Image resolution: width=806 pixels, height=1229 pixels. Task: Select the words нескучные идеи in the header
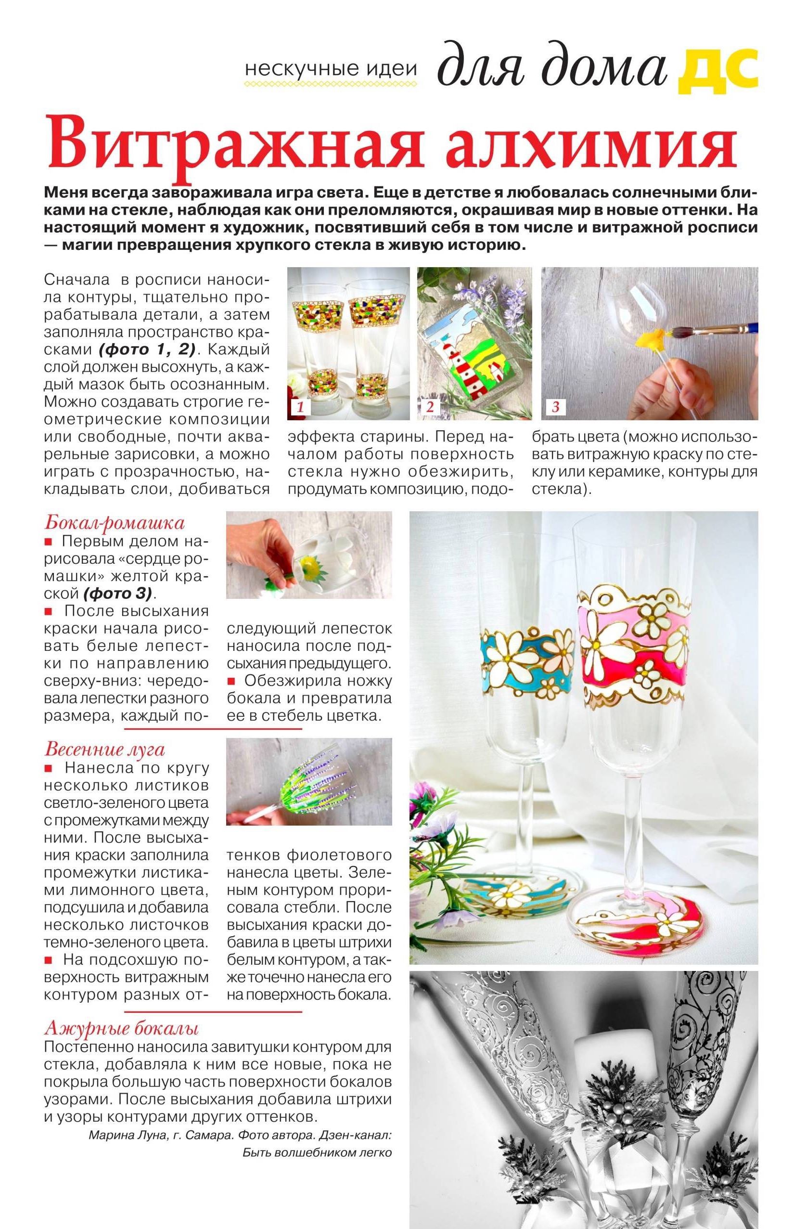pyautogui.click(x=331, y=69)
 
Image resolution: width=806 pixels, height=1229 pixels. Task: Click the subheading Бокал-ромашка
pyautogui.click(x=114, y=523)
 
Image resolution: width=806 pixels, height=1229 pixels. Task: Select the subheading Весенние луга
pyautogui.click(x=105, y=749)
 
